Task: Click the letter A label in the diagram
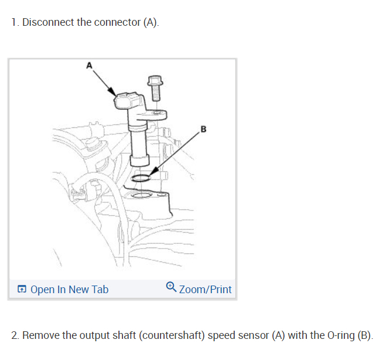[90, 66]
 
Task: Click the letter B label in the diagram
[203, 128]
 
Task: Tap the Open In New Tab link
[69, 289]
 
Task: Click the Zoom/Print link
[205, 289]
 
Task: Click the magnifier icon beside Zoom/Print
[171, 287]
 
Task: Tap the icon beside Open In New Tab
[22, 290]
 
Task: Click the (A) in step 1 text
[150, 22]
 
